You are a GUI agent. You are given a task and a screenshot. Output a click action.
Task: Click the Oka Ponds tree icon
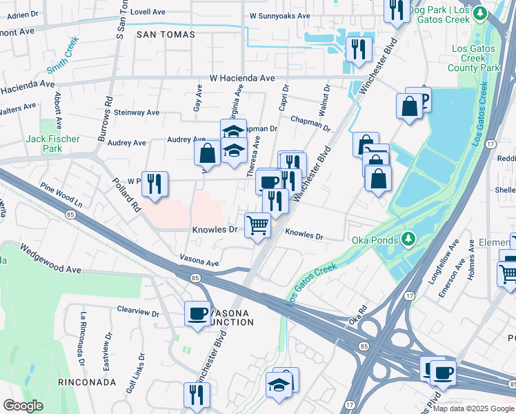tap(409, 239)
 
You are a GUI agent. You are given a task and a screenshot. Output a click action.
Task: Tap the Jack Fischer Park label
tap(52, 144)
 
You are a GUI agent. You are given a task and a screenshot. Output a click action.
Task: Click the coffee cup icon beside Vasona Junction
tap(197, 314)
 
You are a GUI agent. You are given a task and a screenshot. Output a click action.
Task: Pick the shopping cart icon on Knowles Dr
tap(257, 224)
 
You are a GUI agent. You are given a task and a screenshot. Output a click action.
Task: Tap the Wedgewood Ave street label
tap(50, 258)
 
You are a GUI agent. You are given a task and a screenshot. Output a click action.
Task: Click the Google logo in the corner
tap(23, 405)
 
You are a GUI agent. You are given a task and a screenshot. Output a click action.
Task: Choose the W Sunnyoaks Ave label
tap(277, 14)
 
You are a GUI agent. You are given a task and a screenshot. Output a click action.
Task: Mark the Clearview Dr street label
tap(138, 312)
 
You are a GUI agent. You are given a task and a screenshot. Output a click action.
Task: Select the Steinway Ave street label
tap(137, 112)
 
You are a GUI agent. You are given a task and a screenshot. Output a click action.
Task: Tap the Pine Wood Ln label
tap(61, 195)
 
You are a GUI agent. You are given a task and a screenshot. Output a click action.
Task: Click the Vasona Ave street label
tap(199, 263)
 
